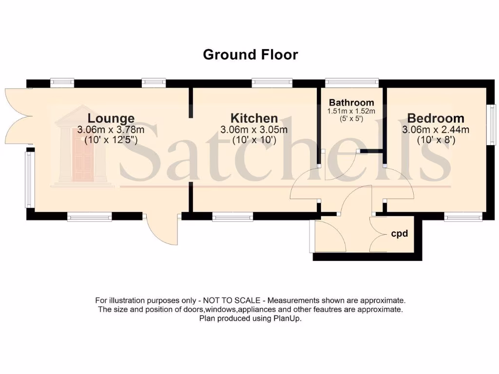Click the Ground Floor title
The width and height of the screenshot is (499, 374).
[x=250, y=55]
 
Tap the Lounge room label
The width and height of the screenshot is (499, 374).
[x=111, y=118]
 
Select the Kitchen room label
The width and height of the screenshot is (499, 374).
[x=254, y=118]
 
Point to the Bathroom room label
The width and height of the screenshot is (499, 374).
[x=351, y=103]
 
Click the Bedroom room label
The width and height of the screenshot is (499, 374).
[x=436, y=118]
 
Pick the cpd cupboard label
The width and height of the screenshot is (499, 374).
[x=399, y=234]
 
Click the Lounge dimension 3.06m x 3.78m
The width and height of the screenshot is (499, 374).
[x=111, y=130]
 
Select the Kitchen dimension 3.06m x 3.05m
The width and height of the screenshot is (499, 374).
[x=254, y=130]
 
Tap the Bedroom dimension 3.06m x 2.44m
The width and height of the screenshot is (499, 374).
[x=436, y=130]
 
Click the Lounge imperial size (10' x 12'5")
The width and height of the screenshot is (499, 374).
[x=111, y=140]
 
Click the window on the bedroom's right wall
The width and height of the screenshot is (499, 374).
[x=492, y=124]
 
